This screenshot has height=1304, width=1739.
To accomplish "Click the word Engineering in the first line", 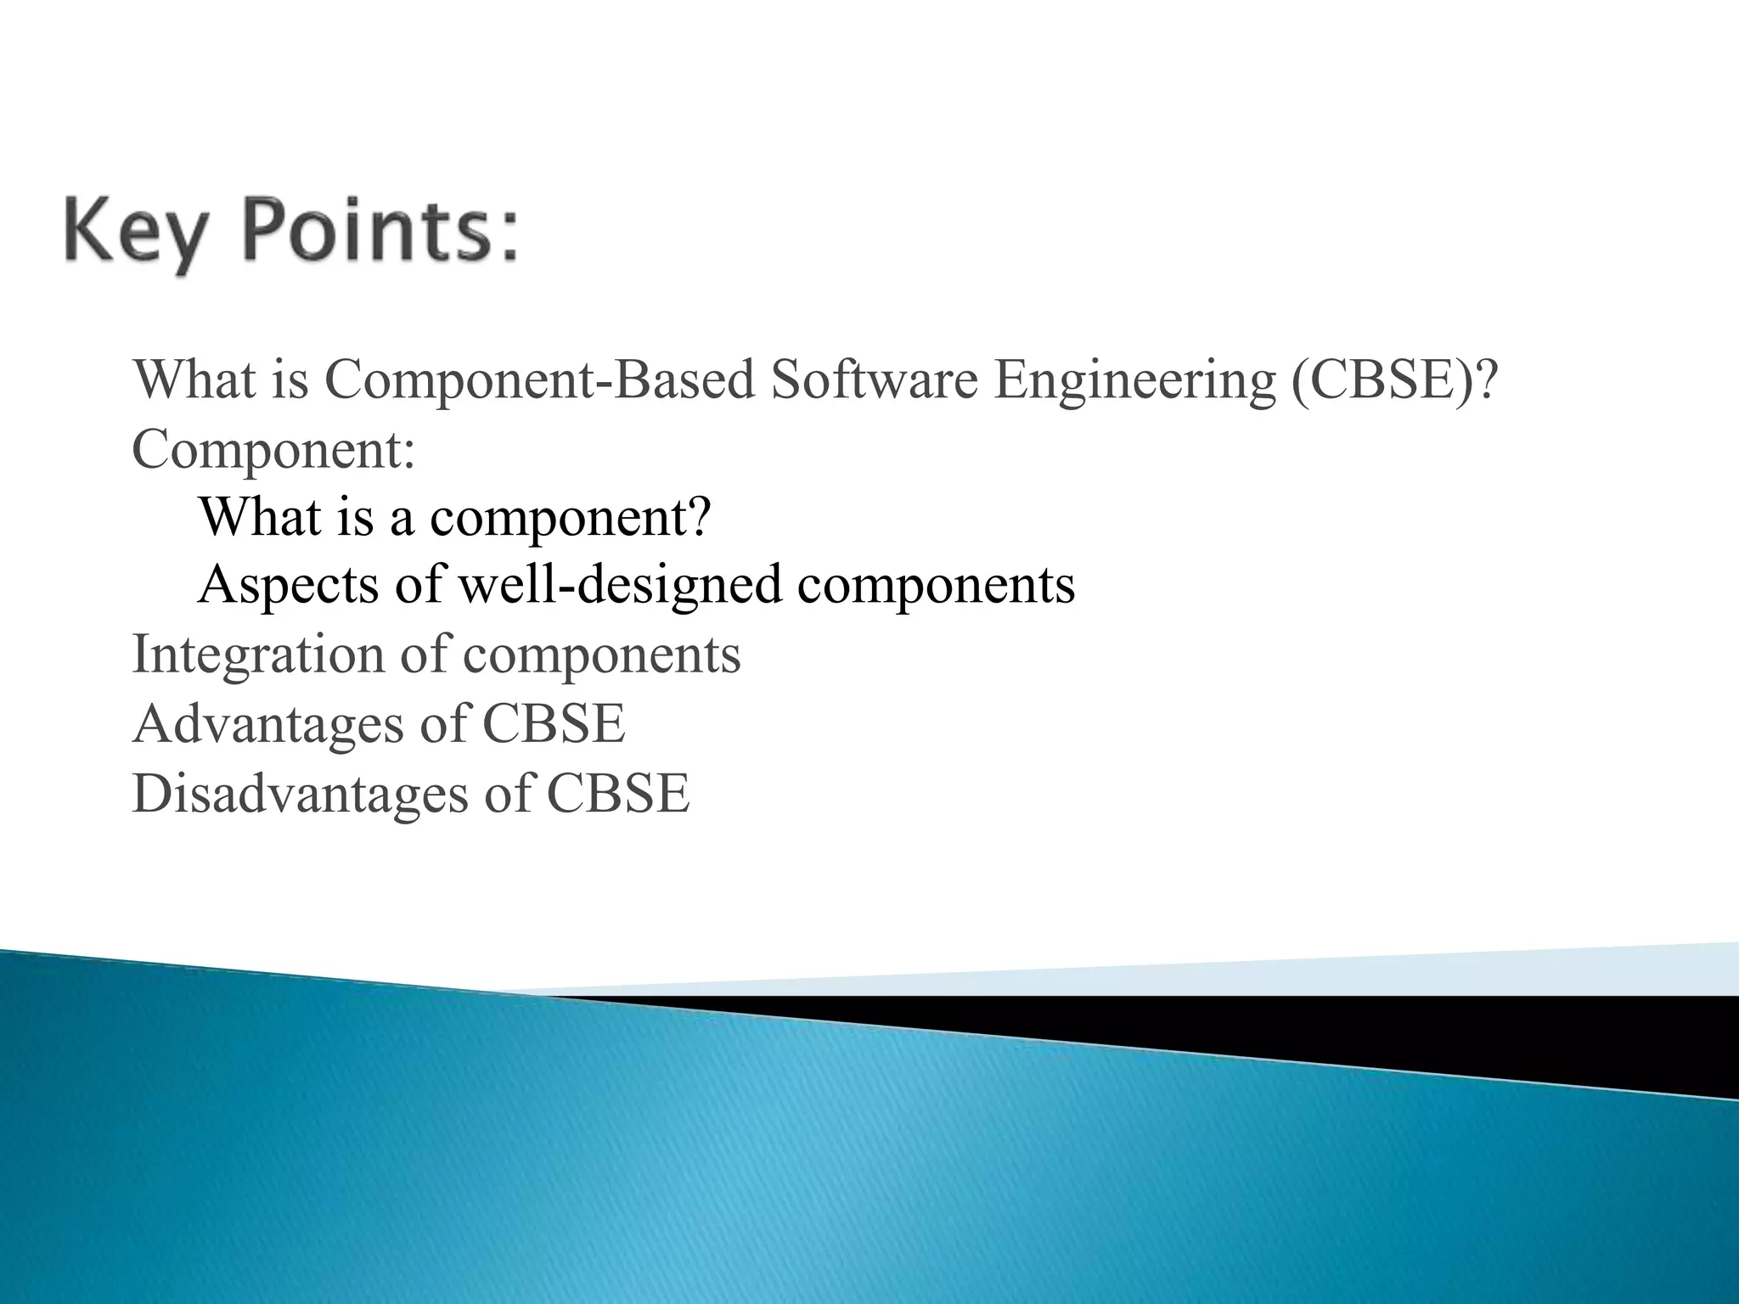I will coord(1134,381).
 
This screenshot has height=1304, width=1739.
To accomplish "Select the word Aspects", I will coord(289,586).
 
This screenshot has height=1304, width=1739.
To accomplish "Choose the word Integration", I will coord(259,655).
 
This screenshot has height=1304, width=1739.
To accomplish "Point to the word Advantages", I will coord(268,724).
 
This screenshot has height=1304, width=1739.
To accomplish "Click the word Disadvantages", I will coord(300,794).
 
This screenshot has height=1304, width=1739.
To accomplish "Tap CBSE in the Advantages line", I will coord(554,724).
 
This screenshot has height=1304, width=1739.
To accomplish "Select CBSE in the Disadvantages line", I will coord(617,794).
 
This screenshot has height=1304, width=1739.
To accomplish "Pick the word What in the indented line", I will coord(260,516).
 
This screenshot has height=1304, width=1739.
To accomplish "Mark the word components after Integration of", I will coord(601,655).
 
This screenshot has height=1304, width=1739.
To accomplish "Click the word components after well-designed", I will coord(936,586).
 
